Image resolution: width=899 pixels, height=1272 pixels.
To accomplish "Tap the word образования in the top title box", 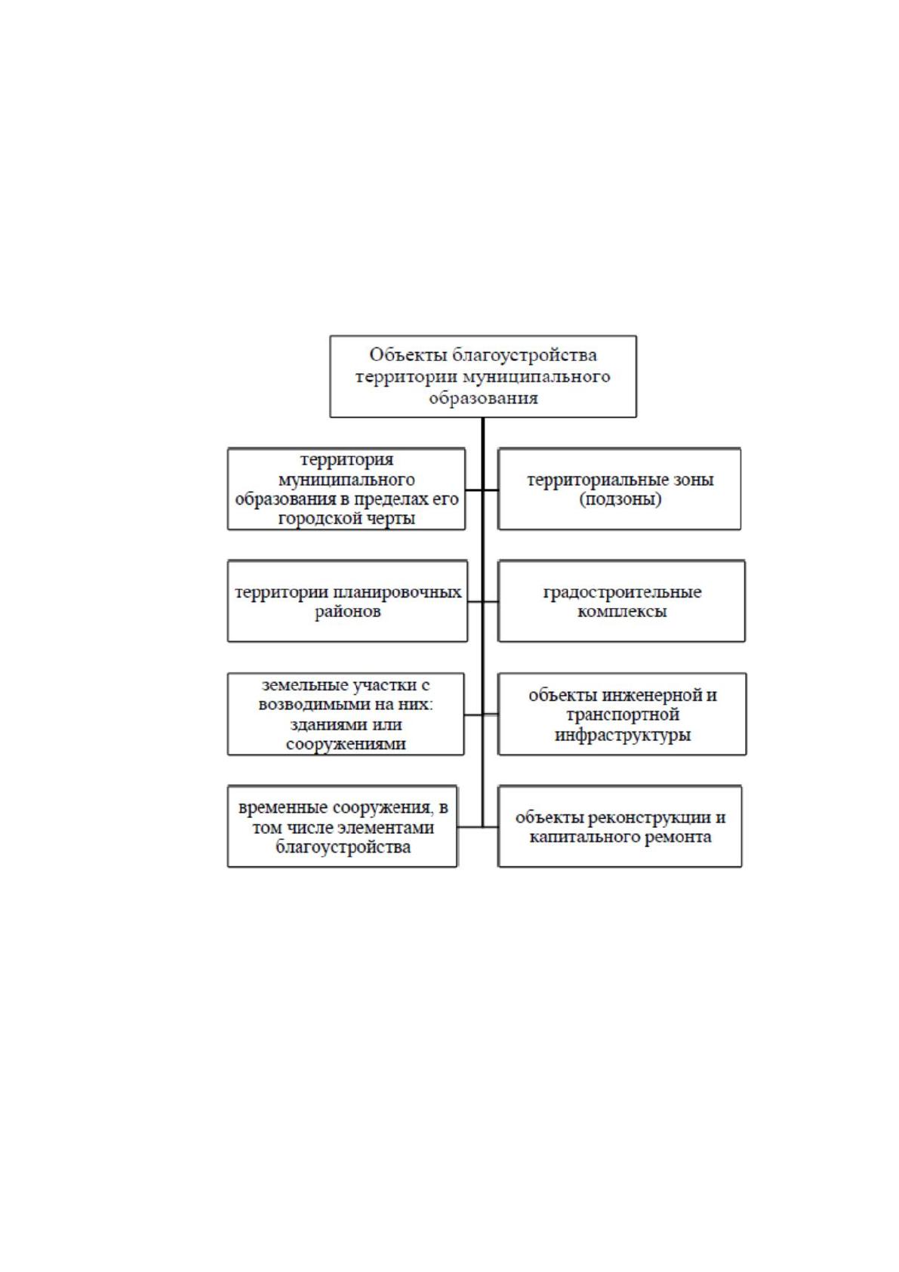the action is click(x=483, y=398).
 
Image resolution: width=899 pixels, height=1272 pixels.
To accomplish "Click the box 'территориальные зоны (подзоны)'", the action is click(x=619, y=489).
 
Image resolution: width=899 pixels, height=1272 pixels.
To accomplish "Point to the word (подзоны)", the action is click(x=620, y=500).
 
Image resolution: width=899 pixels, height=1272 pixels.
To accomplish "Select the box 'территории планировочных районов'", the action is click(x=347, y=600).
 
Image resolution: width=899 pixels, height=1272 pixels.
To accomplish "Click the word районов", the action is click(x=348, y=612).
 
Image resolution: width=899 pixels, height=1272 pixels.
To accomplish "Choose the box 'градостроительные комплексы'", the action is click(x=621, y=600).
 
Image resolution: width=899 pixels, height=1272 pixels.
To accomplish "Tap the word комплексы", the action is click(x=622, y=612).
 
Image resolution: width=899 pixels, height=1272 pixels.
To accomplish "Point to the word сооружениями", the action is click(x=346, y=744).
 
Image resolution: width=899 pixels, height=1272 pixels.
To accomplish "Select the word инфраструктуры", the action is click(x=623, y=735).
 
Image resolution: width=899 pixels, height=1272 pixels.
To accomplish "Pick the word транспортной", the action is click(x=623, y=715).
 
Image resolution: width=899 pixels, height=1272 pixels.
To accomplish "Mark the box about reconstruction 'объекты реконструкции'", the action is click(x=620, y=827).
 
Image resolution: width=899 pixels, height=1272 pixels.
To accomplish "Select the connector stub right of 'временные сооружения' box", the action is click(x=470, y=827).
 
